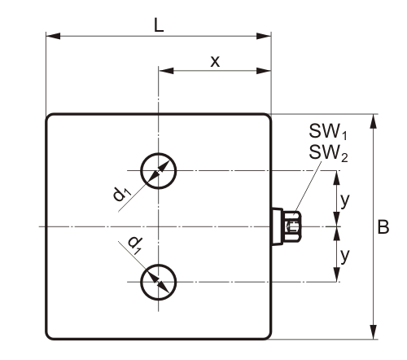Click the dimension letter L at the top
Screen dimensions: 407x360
coord(159,25)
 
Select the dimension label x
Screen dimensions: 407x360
coord(215,62)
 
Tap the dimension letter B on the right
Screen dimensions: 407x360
coord(383,227)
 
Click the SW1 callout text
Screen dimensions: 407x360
coord(328,131)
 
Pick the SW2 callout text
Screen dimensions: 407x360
coord(328,153)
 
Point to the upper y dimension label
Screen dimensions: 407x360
coord(344,200)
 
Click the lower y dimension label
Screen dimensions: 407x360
coord(344,256)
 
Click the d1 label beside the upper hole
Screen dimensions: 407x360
coord(122,195)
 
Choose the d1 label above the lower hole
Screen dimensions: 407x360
coord(136,245)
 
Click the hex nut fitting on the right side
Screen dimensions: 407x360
coord(292,226)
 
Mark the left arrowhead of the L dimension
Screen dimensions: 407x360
coord(53,36)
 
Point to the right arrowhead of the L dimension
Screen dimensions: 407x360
coord(264,36)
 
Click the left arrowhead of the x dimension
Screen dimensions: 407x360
coord(166,71)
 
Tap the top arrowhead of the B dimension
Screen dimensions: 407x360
coord(374,121)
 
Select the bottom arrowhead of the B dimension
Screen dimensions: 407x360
coord(374,331)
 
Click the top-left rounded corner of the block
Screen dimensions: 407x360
coord(48,116)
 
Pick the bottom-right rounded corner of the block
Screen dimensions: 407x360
coord(269,336)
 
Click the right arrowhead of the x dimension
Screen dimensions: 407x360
coord(264,71)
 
